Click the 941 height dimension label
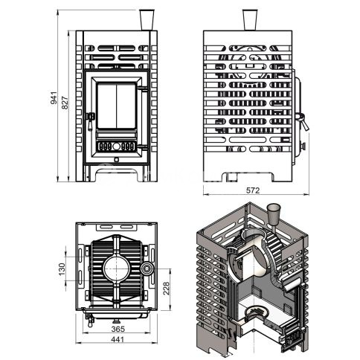pos(54,97)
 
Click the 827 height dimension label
pos(65,103)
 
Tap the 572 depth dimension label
pos(253,190)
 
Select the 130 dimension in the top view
pos(62,269)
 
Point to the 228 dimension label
pos(166,288)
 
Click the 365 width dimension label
pos(118,329)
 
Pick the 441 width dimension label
pos(118,339)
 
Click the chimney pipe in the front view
pos(147,20)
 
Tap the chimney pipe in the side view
pos(250,20)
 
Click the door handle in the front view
pos(90,120)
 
